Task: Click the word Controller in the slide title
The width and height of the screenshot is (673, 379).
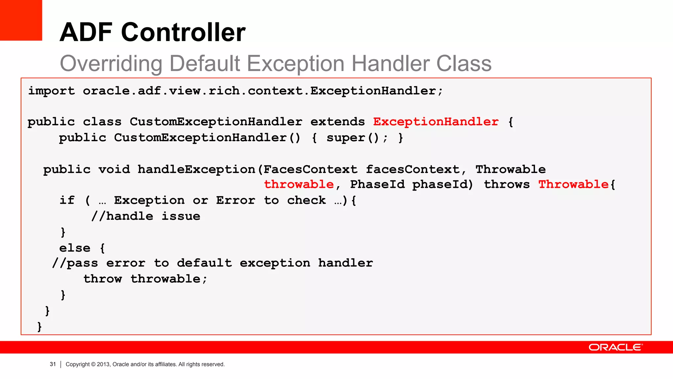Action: (183, 32)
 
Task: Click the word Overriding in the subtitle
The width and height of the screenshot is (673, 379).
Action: (111, 63)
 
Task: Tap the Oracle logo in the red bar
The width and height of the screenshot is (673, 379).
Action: (615, 347)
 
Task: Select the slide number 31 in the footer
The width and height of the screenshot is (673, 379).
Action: (53, 364)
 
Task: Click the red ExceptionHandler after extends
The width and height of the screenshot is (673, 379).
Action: (436, 122)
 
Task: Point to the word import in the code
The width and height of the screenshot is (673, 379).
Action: (51, 91)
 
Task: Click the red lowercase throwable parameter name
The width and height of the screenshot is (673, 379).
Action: (299, 184)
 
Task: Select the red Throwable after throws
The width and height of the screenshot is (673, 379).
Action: (573, 184)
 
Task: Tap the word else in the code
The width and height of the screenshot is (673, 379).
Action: (75, 248)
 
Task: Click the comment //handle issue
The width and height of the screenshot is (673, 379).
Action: (146, 216)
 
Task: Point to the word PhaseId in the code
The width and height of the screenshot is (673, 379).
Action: (377, 184)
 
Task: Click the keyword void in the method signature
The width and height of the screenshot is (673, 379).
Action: (114, 169)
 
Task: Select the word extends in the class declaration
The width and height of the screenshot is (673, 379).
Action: (337, 122)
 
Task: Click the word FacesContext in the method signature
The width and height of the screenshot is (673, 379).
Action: (310, 169)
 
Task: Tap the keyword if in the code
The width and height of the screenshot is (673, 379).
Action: (67, 200)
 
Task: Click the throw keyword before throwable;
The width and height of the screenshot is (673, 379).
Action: (103, 279)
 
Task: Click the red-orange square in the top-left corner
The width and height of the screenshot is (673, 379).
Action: (21, 20)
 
